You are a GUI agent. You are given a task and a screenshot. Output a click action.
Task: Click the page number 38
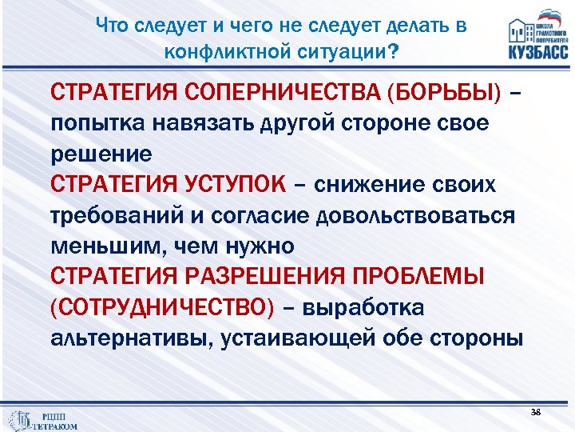(535, 412)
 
